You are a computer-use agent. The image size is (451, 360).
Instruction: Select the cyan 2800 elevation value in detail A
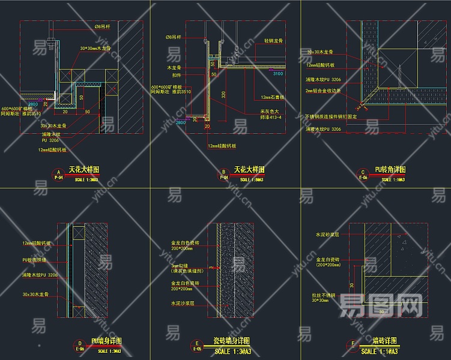pos(32,104)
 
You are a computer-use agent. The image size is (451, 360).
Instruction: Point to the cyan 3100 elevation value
pos(277,74)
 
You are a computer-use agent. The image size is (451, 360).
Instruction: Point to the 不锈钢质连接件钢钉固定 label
pos(330,116)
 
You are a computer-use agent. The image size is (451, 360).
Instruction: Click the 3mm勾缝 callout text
pos(181,266)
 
